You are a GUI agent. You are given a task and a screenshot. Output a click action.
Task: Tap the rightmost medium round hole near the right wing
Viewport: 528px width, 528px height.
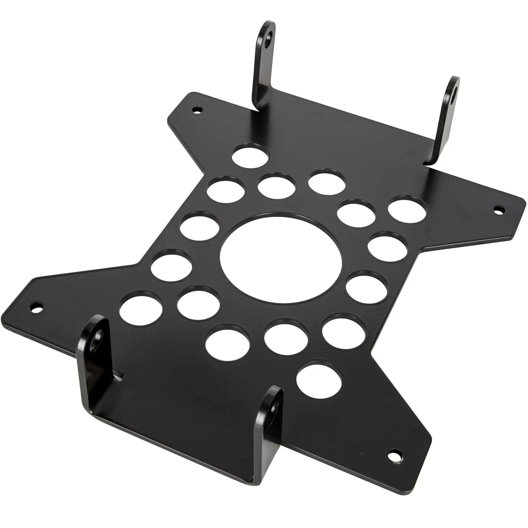[x=407, y=209]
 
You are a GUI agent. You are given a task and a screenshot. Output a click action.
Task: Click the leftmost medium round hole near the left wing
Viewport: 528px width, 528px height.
[x=140, y=311]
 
